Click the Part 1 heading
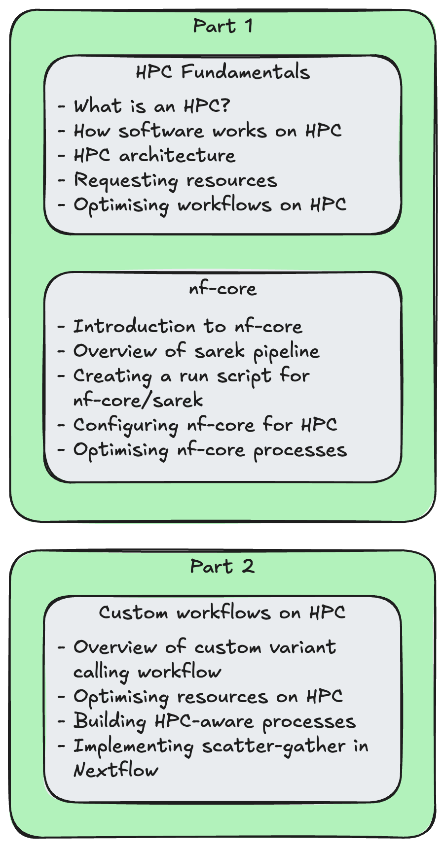click(x=222, y=26)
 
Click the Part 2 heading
click(x=222, y=567)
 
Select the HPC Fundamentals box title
click(x=222, y=72)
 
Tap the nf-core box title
click(x=222, y=289)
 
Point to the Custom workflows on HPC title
click(x=222, y=612)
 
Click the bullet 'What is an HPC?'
click(x=152, y=106)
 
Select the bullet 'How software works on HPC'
click(x=207, y=131)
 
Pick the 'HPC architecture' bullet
click(x=154, y=156)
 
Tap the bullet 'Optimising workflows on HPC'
click(x=210, y=205)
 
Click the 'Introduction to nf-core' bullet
click(x=187, y=327)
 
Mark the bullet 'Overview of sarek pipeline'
click(x=196, y=351)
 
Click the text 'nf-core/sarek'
click(x=138, y=400)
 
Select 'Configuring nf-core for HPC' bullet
click(x=205, y=425)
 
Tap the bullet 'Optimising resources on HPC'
click(x=208, y=697)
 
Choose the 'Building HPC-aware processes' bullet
click(x=214, y=721)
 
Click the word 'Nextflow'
click(x=116, y=770)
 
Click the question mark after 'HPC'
click(x=225, y=105)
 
